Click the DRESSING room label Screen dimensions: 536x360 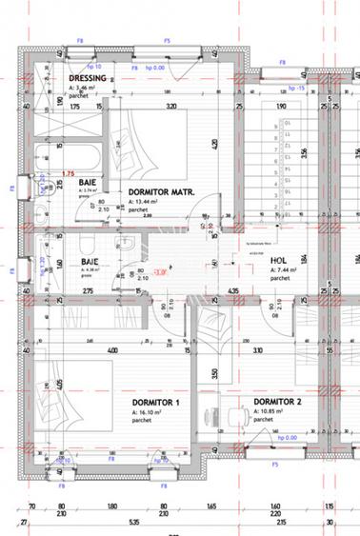(x=87, y=78)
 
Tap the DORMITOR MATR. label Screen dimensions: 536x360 (x=161, y=191)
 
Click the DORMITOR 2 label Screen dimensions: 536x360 (x=277, y=402)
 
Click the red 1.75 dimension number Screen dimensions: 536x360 (x=68, y=173)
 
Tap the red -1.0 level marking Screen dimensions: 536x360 (x=136, y=272)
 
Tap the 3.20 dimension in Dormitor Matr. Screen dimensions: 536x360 (x=171, y=107)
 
